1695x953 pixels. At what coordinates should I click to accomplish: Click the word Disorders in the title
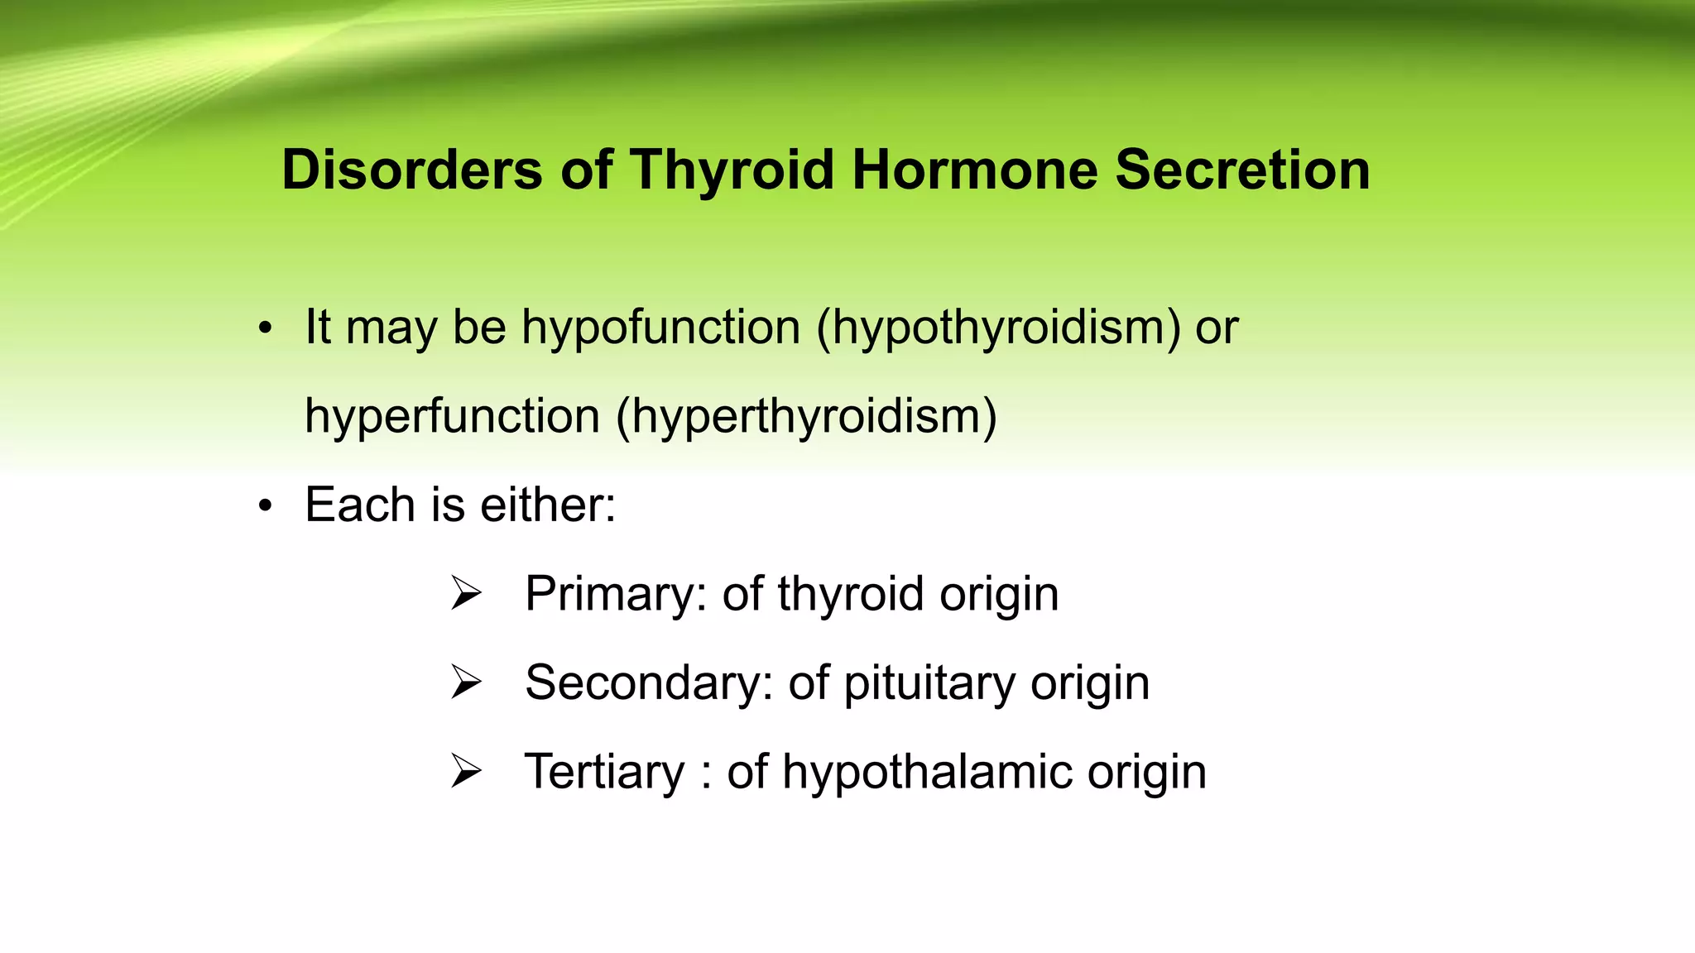click(411, 170)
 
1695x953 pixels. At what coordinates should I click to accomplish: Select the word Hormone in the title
click(974, 170)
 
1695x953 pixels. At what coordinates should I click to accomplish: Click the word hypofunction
click(660, 328)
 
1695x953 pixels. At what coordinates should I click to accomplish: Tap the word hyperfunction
click(452, 416)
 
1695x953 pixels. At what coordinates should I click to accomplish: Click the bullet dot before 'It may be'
click(264, 328)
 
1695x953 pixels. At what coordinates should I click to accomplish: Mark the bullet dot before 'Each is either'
click(264, 505)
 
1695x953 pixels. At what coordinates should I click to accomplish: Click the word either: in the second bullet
click(548, 505)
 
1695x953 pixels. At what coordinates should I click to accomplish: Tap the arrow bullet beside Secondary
click(466, 682)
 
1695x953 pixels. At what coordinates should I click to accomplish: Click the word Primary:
click(616, 595)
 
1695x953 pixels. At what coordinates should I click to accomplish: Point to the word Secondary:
click(649, 683)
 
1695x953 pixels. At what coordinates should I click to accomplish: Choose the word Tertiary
click(604, 773)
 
